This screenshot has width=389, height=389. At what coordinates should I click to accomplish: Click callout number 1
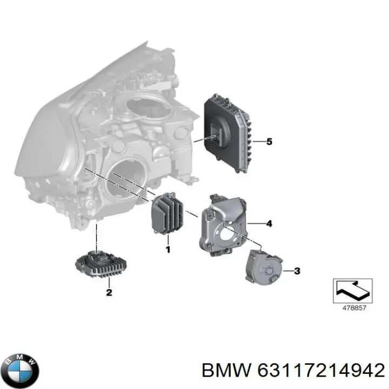point(168,249)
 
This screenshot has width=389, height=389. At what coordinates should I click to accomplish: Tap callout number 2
point(109,292)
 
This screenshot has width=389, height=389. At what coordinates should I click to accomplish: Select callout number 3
point(297,271)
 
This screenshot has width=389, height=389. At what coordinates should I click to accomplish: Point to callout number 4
point(269,224)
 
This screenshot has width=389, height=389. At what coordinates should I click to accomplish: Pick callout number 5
point(269,142)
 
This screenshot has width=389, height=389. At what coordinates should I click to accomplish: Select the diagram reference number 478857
point(354,308)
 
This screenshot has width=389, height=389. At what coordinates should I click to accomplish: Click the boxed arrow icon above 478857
point(352,291)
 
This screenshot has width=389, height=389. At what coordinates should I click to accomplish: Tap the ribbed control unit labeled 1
point(167,213)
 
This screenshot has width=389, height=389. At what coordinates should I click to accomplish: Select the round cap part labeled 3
point(263,267)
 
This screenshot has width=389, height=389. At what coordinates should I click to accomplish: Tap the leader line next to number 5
point(258,142)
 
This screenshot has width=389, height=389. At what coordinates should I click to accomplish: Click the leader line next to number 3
point(288,271)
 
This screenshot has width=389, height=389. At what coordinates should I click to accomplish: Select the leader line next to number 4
point(256,224)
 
